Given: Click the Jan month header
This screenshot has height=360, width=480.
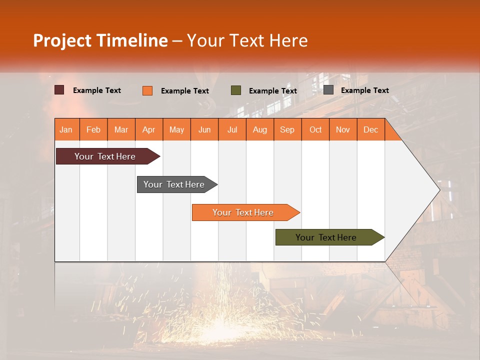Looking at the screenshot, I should coord(66,129).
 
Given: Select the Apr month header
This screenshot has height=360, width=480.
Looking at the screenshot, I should coord(149,129).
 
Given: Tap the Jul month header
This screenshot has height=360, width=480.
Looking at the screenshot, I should coord(232,129).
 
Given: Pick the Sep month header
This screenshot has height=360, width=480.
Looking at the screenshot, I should coord(287,129).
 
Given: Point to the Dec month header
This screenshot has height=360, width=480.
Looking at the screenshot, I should coord(370,129).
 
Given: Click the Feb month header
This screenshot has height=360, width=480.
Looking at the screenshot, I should coord(93,129).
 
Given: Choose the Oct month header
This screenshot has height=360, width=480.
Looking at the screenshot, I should coord(315,129).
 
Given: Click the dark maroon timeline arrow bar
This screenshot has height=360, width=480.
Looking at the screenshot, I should coord(105,156).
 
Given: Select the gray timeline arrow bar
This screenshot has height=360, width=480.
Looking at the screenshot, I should coord(174,184).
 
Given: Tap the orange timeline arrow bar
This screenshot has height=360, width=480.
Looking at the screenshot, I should coord(243,212).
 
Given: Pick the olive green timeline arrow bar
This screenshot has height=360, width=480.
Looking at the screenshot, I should coord(326,237).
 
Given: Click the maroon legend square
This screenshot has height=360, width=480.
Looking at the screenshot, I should coord(59,90).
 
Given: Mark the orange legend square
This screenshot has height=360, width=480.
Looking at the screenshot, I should coord(147,90).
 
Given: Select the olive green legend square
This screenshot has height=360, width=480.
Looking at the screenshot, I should coord(236,90).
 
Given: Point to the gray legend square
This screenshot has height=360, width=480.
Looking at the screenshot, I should coord(328,90).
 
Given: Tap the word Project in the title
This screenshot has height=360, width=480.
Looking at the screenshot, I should coord(62,40).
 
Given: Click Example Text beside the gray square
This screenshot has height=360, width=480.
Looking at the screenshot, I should coord(364,90).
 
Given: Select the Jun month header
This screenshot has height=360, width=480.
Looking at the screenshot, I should coord(204,129).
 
